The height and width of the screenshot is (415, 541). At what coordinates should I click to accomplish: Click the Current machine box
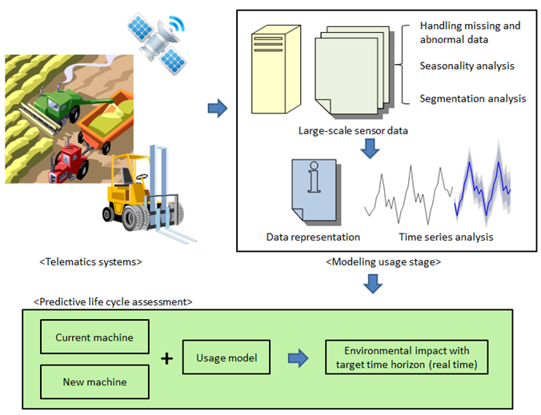[94, 337]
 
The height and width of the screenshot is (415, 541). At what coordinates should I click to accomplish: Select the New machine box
[94, 381]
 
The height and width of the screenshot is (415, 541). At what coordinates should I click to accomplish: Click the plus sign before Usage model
[166, 359]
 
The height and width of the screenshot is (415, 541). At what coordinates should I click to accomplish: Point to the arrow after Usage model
[299, 359]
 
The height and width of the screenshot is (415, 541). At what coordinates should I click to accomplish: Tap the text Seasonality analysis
[467, 66]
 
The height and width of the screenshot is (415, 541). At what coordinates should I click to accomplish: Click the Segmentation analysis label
[472, 98]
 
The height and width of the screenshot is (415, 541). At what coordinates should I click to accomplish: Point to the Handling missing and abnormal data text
[470, 32]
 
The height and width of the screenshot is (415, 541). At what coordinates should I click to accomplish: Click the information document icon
[313, 192]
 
